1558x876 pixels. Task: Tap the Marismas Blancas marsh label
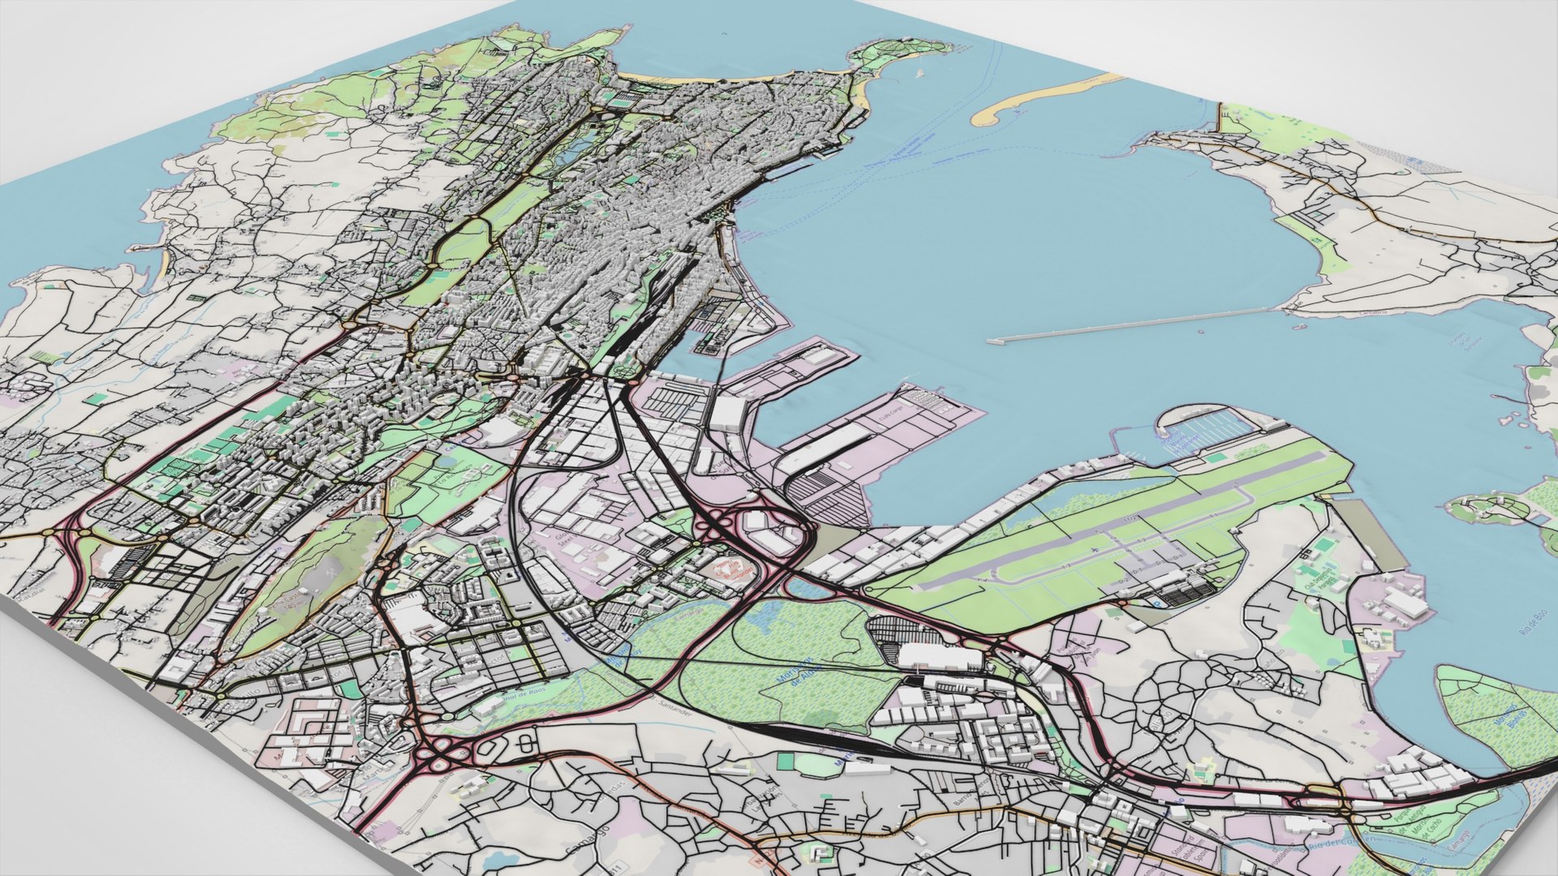pos(1511,715)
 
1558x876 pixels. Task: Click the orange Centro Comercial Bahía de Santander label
pos(728,568)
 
